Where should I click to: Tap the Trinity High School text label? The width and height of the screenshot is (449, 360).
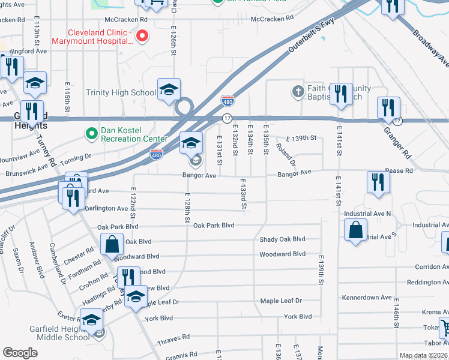pos(121,92)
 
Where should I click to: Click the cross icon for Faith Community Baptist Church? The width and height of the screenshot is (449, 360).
pos(298,92)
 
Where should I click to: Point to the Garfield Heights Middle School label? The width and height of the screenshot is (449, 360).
pos(60,333)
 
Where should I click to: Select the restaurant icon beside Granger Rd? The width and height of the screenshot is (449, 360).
pos(388,108)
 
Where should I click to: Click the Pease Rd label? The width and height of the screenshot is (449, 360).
pos(399,171)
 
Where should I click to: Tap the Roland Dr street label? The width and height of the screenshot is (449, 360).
pos(286,154)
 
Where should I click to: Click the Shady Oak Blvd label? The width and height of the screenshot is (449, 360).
pos(282,239)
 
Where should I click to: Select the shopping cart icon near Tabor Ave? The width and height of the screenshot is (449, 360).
pos(444,328)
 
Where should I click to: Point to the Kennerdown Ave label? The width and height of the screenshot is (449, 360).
pos(366,298)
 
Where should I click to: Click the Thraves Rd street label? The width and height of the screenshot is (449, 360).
pos(173,338)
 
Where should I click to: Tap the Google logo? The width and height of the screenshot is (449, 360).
pos(20,353)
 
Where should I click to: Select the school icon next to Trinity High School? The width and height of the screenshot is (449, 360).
pos(169,89)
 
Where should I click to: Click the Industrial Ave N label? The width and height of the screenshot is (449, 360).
pos(367,214)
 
